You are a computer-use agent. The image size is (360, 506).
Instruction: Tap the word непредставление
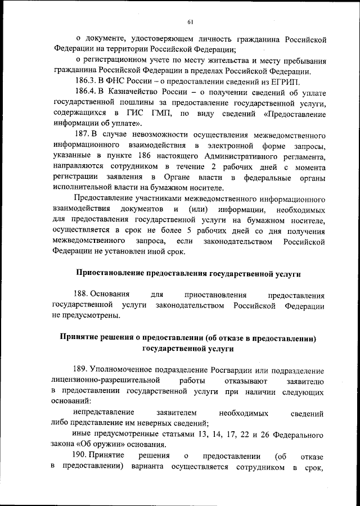coord(104,413)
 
